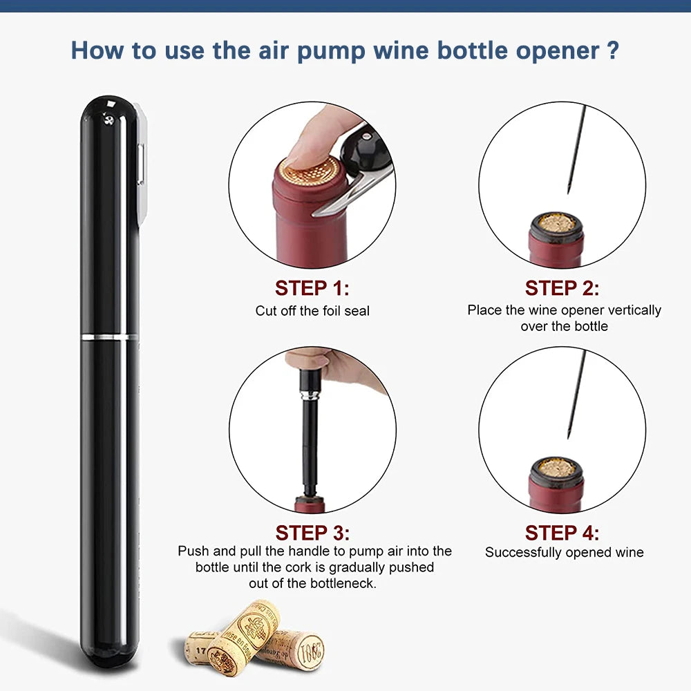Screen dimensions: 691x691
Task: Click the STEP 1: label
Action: [x=312, y=288]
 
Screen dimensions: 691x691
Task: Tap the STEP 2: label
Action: [x=562, y=288]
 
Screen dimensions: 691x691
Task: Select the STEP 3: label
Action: [x=312, y=533]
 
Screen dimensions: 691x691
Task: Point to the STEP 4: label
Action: [x=562, y=533]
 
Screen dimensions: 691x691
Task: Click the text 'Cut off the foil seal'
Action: [x=312, y=311]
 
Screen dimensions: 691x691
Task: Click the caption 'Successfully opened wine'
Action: [x=564, y=552]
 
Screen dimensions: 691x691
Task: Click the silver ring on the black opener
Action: [x=109, y=337]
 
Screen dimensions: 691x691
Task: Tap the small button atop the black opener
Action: [x=108, y=119]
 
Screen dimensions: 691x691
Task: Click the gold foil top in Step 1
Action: [x=311, y=169]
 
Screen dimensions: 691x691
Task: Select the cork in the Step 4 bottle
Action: [x=556, y=468]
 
